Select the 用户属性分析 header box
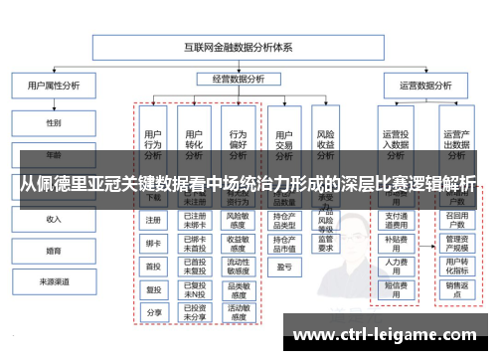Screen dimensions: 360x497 [x=53, y=86]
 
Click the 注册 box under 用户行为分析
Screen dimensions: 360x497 [x=153, y=220]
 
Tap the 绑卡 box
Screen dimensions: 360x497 [x=153, y=243]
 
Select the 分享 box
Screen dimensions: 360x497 [x=153, y=312]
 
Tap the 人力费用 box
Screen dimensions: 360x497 [x=395, y=266]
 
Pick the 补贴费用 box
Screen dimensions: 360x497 [x=395, y=243]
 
